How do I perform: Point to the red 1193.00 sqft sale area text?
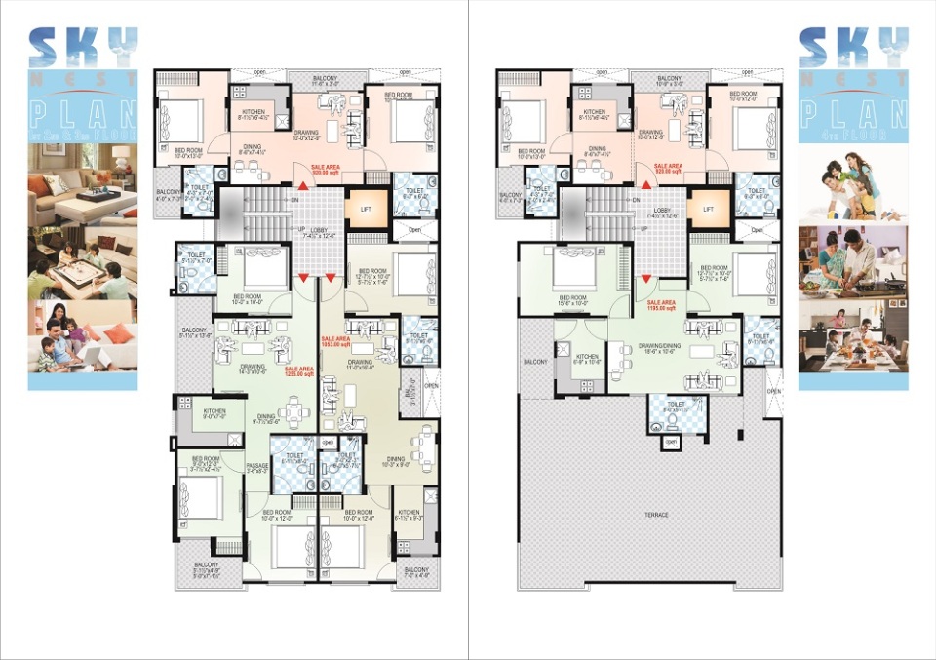(662, 304)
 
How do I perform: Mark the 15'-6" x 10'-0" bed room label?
(572, 300)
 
